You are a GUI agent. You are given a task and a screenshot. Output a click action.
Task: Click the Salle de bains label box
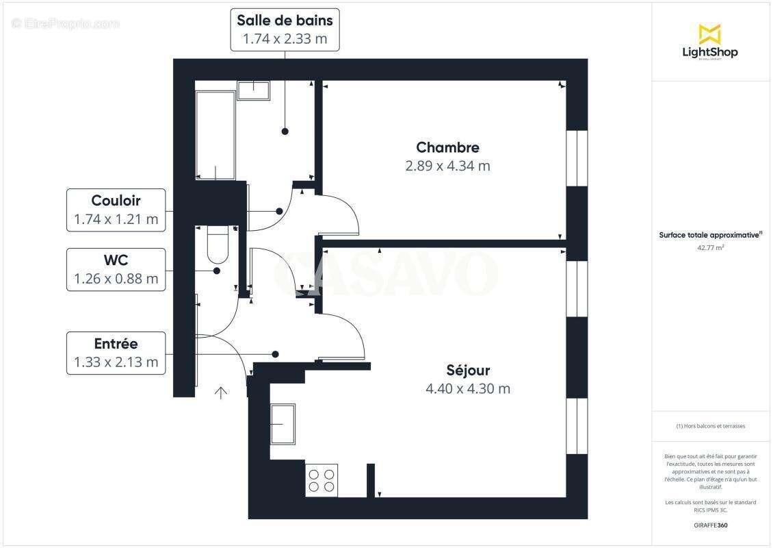[285, 29]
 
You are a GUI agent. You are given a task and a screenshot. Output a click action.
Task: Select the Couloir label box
[116, 210]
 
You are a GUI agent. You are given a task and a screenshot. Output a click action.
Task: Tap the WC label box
[116, 269]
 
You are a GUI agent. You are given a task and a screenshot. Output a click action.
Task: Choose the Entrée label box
[116, 353]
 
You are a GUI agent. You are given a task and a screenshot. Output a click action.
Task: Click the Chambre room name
[447, 147]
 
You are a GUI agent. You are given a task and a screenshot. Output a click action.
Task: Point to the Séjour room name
[468, 371]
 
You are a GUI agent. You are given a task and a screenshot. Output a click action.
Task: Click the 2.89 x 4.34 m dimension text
[447, 166]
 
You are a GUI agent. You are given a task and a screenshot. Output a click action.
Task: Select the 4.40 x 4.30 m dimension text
[468, 389]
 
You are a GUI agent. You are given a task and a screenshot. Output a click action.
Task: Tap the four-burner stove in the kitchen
[321, 480]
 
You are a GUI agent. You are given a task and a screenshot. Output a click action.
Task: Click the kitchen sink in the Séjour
[283, 424]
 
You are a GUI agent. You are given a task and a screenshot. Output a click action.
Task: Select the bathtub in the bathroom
[215, 135]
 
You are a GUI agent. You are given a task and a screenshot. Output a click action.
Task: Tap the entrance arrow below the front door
[221, 393]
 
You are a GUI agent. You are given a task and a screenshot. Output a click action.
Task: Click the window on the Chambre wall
[577, 158]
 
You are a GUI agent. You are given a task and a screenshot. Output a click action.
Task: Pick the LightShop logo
[709, 42]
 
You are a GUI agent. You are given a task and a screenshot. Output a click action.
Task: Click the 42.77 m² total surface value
[710, 248]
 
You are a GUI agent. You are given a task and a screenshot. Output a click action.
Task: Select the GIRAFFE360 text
[710, 524]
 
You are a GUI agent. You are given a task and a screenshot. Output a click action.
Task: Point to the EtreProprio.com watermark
[66, 24]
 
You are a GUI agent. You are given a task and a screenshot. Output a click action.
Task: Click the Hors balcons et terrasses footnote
[711, 426]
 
